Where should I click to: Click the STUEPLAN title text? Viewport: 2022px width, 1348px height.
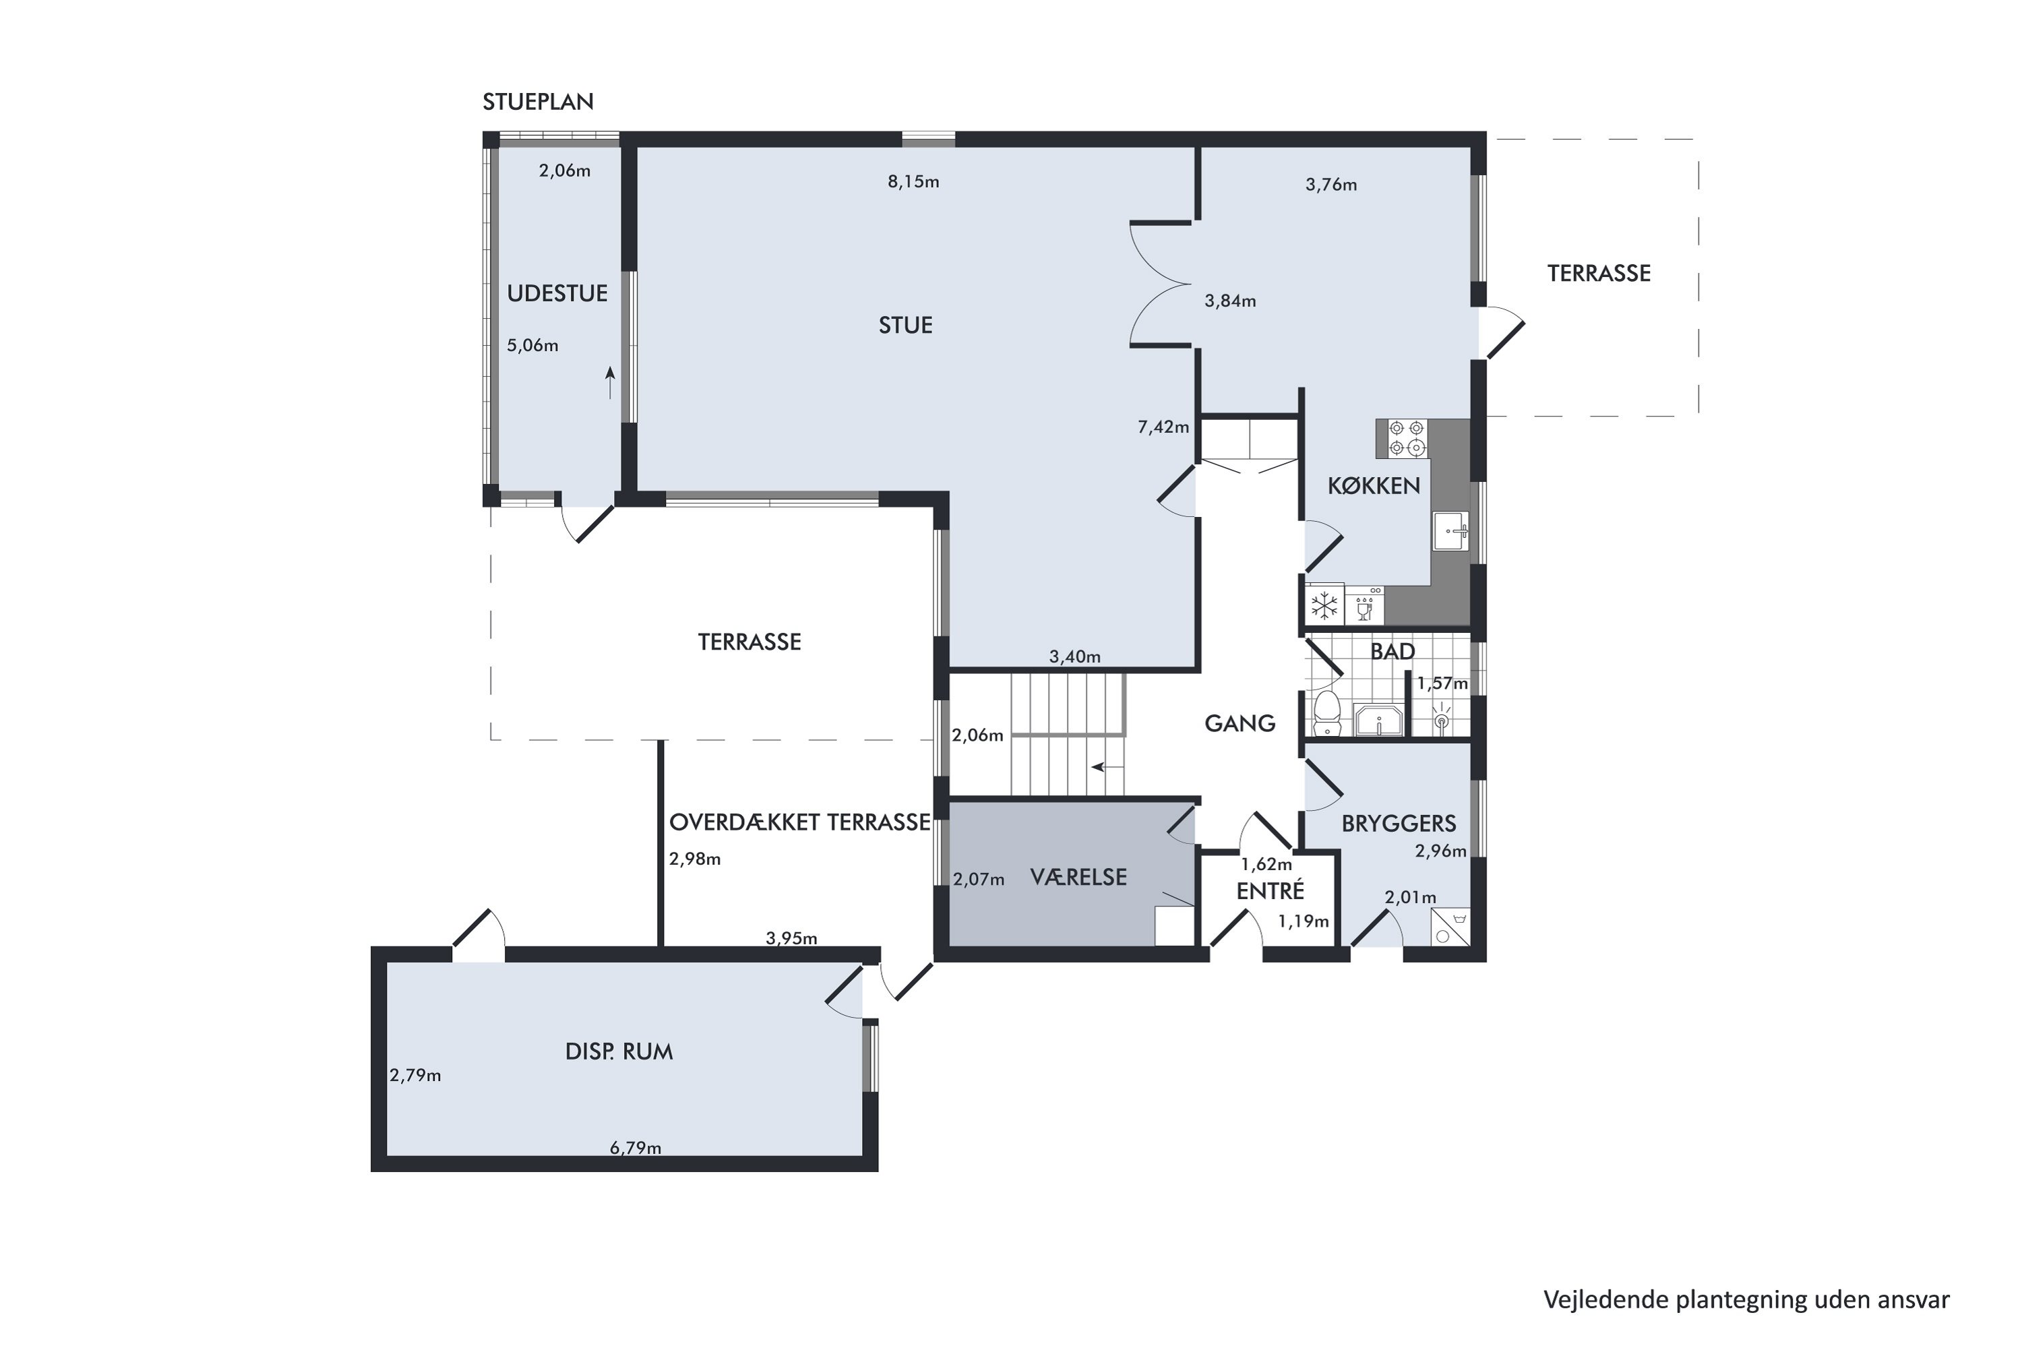coord(538,102)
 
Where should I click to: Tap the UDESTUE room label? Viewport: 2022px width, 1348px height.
coord(557,293)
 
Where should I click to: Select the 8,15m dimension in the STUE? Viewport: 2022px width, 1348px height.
coord(913,182)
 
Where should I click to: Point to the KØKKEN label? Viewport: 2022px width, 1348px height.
coord(1374,486)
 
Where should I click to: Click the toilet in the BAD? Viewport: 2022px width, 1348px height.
coord(1327,714)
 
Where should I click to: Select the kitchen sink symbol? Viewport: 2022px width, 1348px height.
coord(1450,530)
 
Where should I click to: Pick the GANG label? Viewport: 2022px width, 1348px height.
coord(1239,724)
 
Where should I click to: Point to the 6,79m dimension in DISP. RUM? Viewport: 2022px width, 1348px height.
coord(636,1148)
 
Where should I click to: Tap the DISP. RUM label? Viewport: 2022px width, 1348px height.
coord(619,1051)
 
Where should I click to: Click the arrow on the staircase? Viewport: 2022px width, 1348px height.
coord(1107,767)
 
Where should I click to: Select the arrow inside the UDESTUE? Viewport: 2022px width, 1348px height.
coord(611,383)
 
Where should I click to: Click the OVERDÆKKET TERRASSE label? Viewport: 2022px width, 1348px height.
coord(799,823)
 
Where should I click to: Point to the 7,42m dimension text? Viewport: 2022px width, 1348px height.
coord(1163,427)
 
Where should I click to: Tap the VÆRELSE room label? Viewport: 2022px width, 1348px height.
coord(1078,877)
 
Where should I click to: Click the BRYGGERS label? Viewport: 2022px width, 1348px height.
coord(1399,824)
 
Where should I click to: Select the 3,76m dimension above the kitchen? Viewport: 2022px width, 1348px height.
coord(1330,185)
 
